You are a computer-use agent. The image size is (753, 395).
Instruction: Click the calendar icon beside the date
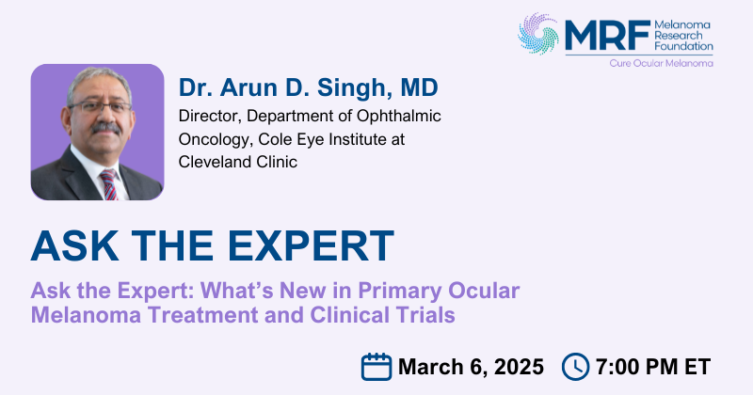(376, 367)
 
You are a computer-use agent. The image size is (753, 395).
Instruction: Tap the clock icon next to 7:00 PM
(575, 367)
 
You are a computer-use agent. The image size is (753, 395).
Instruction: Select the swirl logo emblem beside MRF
(538, 34)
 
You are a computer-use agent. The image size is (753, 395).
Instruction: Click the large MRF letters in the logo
(607, 36)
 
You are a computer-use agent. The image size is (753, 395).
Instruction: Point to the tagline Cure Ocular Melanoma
(662, 63)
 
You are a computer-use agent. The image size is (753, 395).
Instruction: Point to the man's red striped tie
(109, 184)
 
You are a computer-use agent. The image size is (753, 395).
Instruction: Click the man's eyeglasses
(100, 106)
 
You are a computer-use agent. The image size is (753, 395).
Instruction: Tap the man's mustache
(105, 128)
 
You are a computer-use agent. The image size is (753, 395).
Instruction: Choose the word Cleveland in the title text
(215, 162)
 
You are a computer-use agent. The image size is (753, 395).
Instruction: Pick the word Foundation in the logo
(684, 46)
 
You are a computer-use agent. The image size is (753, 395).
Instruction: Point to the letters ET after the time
(697, 367)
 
